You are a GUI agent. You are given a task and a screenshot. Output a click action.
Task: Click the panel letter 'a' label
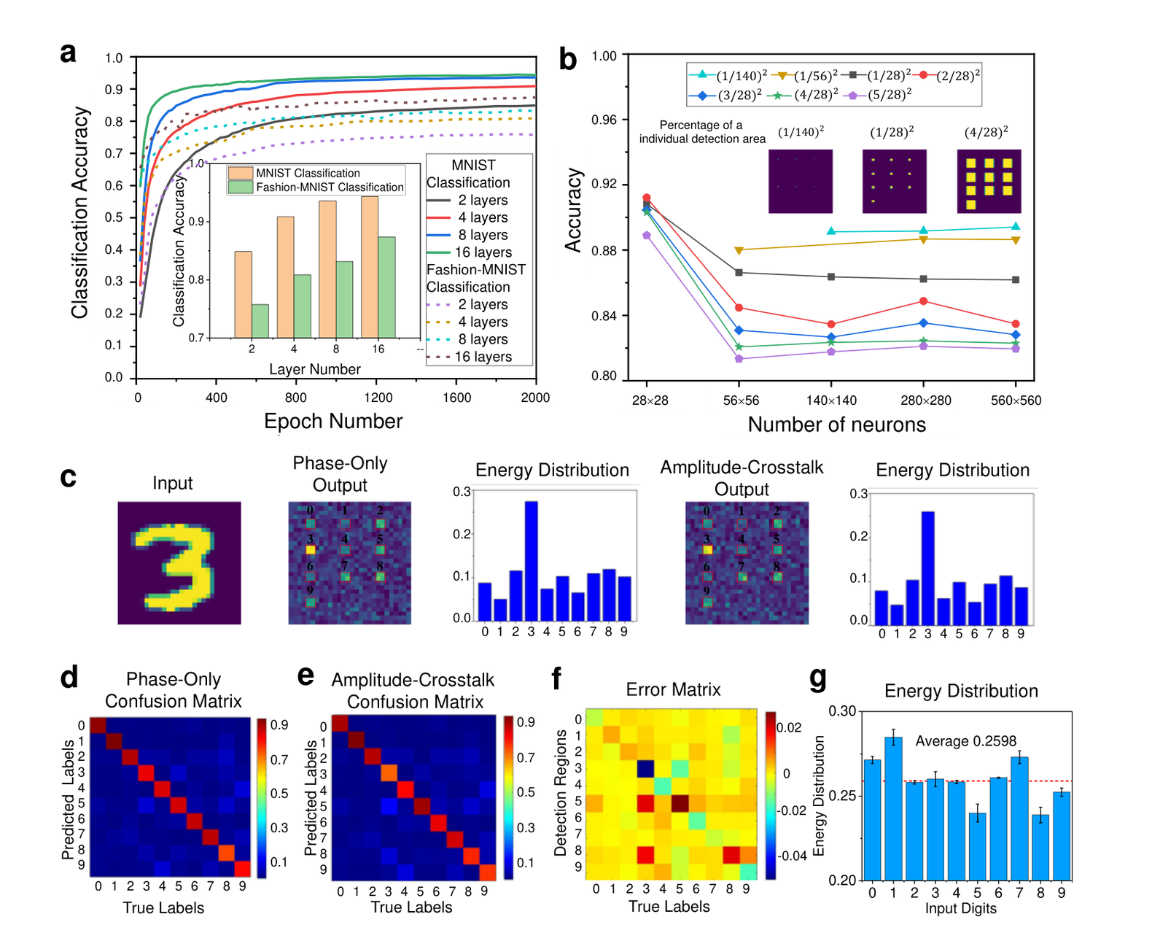click(x=68, y=53)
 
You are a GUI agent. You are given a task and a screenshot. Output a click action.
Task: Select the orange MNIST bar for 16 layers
click(x=370, y=267)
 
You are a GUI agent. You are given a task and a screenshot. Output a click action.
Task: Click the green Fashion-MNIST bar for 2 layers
click(x=260, y=321)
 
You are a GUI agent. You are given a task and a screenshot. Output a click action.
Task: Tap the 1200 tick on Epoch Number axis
click(x=378, y=398)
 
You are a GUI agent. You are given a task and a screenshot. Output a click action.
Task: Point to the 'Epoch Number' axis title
click(x=333, y=421)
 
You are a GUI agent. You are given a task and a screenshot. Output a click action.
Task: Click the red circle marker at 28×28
click(x=646, y=198)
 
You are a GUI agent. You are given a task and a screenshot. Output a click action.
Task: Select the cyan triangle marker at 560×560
click(x=1015, y=226)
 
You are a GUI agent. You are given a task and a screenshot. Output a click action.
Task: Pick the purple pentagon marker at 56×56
click(x=739, y=359)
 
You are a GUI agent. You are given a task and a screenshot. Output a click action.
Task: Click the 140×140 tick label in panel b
click(x=831, y=400)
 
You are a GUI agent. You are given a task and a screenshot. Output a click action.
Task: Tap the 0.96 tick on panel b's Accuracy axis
click(x=604, y=120)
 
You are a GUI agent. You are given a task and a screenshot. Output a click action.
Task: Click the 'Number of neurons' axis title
click(x=837, y=425)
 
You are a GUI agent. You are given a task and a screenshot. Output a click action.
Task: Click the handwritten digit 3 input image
click(x=179, y=563)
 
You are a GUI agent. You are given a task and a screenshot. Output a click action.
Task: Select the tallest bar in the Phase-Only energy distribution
click(x=531, y=561)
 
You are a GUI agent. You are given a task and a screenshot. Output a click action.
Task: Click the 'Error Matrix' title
click(x=674, y=689)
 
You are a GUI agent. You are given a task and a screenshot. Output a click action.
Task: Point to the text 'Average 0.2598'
click(x=965, y=741)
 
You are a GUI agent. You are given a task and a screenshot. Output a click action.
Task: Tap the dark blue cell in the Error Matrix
click(x=646, y=768)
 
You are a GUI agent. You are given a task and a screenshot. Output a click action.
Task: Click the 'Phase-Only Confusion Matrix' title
click(x=173, y=690)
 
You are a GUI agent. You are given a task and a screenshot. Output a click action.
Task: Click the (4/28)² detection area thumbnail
click(x=989, y=182)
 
